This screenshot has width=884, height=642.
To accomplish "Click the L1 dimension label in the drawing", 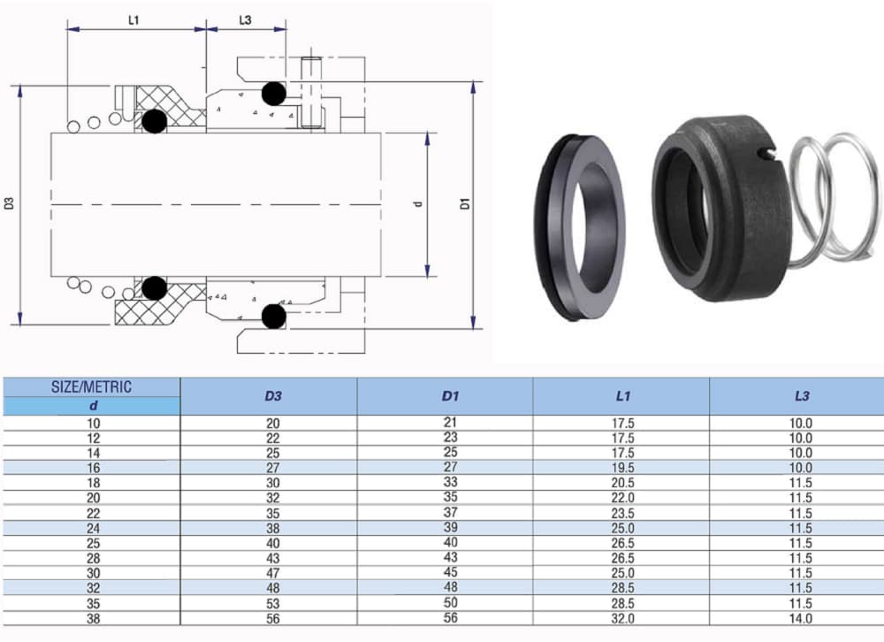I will (x=133, y=20).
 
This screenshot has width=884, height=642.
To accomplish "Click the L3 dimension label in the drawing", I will (x=245, y=20).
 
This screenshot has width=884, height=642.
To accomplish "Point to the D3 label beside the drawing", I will (x=10, y=203).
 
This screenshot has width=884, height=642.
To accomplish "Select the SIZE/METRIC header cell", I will (x=92, y=386).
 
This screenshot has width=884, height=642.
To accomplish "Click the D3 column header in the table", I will (x=273, y=396).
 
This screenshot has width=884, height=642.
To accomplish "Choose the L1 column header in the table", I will (x=623, y=396).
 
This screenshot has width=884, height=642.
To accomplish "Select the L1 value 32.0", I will (x=623, y=619).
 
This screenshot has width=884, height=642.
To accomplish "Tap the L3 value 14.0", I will (x=801, y=619).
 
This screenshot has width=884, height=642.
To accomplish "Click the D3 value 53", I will (x=273, y=604).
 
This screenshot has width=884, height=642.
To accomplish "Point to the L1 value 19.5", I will (x=623, y=467).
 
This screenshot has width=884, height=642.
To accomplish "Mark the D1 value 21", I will (x=450, y=422).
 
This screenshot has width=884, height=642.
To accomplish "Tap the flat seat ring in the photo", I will (x=579, y=226).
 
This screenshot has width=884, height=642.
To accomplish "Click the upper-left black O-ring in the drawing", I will (x=155, y=121).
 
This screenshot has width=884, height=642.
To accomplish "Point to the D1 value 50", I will (x=450, y=603).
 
